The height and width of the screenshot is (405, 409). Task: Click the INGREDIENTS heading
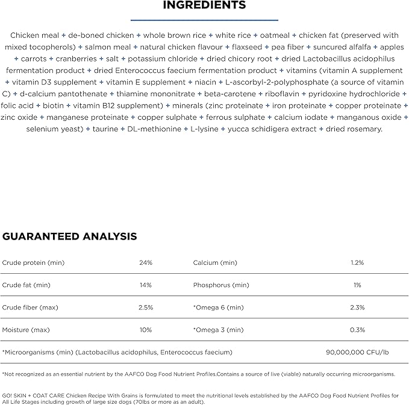pyautogui.click(x=204, y=5)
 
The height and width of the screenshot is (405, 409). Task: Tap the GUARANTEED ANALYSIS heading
pyautogui.click(x=70, y=237)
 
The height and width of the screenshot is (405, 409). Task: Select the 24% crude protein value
pyautogui.click(x=146, y=263)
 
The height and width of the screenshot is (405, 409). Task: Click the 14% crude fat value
pyautogui.click(x=146, y=285)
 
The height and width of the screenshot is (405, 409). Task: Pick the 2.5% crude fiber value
pyautogui.click(x=146, y=308)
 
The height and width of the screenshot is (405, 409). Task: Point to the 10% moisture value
pyautogui.click(x=146, y=330)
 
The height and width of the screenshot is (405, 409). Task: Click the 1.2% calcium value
pyautogui.click(x=357, y=263)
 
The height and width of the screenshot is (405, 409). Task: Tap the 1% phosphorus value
pyautogui.click(x=357, y=285)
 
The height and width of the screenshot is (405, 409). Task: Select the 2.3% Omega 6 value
pyautogui.click(x=357, y=308)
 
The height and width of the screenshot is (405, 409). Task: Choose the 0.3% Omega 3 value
pyautogui.click(x=357, y=330)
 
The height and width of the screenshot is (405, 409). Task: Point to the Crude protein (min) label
pyautogui.click(x=33, y=263)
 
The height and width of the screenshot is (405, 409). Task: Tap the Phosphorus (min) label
pyautogui.click(x=221, y=285)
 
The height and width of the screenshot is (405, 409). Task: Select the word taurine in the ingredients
pyautogui.click(x=107, y=129)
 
